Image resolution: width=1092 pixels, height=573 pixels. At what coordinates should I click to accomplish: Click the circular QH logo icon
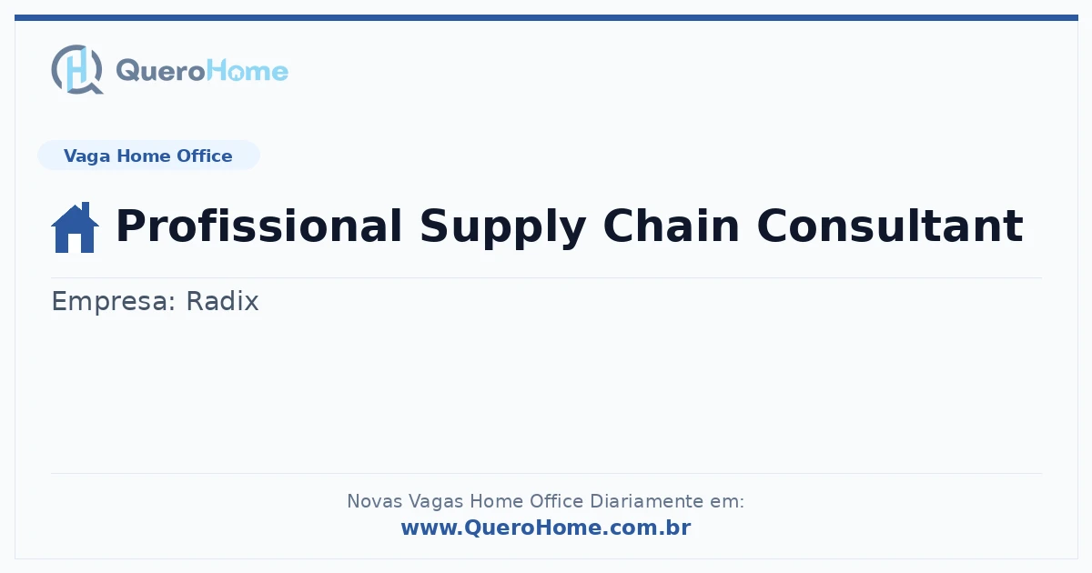[x=77, y=69]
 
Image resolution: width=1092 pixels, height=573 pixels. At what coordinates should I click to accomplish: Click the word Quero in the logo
[x=161, y=72]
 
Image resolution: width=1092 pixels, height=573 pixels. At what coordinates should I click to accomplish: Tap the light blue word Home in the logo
[x=248, y=71]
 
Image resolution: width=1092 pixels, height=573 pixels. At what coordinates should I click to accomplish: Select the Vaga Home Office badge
[x=148, y=156]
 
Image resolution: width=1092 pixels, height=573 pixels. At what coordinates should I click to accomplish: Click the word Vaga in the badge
[x=86, y=156]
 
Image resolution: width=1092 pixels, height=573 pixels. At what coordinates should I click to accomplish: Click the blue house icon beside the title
[x=75, y=227]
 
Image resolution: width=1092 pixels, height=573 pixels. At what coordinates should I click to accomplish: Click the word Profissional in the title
[x=258, y=226]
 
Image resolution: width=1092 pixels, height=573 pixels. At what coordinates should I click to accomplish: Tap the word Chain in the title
[x=672, y=226]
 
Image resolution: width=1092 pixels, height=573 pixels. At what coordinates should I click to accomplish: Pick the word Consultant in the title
[x=890, y=226]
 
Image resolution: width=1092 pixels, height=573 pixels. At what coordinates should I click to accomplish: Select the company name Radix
[x=222, y=301]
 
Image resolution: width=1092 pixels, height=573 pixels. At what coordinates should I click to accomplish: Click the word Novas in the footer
[x=375, y=501]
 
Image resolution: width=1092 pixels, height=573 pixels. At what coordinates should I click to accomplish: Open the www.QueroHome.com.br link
[x=546, y=528]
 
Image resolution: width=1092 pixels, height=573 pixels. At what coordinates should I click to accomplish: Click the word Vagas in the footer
[x=436, y=502]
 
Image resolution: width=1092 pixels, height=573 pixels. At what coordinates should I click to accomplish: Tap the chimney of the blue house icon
[x=86, y=208]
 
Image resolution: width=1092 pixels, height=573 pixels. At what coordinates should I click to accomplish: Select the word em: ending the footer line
[x=727, y=502]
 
